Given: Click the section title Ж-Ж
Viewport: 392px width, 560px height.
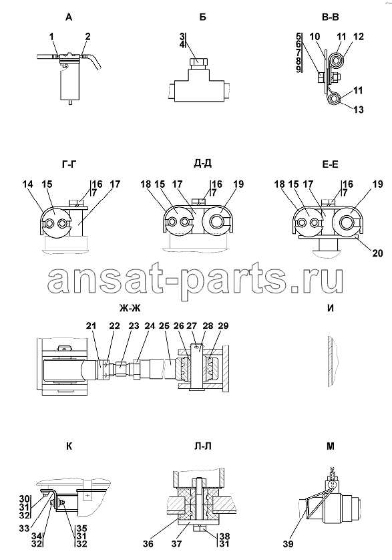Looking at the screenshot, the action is tap(130, 308).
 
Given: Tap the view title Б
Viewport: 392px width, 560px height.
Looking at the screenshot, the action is tap(203, 17).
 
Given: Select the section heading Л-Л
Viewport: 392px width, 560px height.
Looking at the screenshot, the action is tap(203, 446).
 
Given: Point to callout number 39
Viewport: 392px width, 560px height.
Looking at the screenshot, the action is tap(288, 543).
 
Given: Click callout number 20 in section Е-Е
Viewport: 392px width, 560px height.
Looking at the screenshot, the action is tap(377, 253).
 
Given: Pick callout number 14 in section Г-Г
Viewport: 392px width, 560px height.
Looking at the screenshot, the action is tap(27, 184).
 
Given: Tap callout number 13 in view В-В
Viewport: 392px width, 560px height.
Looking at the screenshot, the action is tap(359, 110).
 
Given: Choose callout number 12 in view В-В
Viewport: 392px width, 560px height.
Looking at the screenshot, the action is tap(359, 37).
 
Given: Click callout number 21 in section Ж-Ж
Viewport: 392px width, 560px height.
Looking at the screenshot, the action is tap(91, 325).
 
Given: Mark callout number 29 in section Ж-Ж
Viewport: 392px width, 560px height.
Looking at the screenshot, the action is tap(223, 325).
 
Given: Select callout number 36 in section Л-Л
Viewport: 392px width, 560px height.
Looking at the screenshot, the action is tap(148, 543).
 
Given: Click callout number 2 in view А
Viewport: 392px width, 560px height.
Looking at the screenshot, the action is tap(88, 37).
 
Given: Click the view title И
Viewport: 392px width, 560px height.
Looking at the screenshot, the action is tap(331, 308).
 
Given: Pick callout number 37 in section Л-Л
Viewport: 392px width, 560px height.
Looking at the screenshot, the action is tap(177, 543).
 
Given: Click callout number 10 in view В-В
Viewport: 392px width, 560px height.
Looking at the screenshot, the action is tap(315, 37).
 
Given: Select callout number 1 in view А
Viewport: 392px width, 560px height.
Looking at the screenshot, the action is tap(52, 37).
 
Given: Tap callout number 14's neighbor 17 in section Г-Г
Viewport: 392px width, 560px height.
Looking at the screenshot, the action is tap(115, 184).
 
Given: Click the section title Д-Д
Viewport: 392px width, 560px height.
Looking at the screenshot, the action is tap(203, 164).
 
